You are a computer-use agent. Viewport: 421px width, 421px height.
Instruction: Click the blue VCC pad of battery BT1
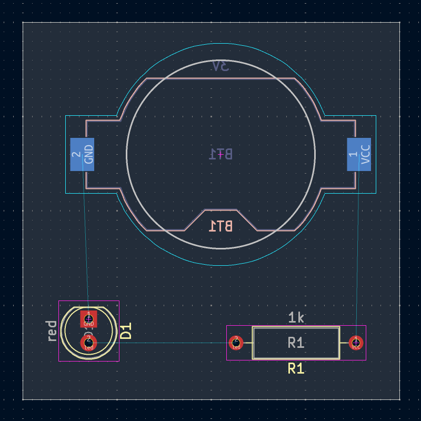(359, 154)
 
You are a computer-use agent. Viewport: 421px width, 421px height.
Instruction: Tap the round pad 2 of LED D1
(88, 343)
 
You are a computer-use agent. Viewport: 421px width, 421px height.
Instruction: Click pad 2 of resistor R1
(236, 343)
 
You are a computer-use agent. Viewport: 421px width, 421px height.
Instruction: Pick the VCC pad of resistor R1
(356, 343)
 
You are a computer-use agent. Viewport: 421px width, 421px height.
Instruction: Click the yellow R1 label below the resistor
(296, 369)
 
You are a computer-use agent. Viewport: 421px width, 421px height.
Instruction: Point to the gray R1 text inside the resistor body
(296, 343)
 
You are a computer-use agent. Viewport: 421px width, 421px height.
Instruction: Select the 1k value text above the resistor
(296, 318)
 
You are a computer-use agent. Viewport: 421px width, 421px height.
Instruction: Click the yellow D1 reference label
(126, 332)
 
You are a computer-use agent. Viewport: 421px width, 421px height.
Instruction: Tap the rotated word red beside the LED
(52, 331)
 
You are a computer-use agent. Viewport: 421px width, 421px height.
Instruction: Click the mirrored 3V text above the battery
(221, 66)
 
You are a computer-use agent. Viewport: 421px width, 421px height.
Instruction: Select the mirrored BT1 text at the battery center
(221, 154)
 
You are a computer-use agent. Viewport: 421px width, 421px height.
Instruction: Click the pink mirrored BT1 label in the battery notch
(221, 226)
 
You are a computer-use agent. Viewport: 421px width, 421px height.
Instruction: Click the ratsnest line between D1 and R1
(168, 343)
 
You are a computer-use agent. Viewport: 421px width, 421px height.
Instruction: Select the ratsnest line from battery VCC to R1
(358, 247)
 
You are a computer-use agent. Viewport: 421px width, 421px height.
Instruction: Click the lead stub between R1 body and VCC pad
(345, 343)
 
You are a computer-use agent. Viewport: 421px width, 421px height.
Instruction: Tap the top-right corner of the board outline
(400, 23)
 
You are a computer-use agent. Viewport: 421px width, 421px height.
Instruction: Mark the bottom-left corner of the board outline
(23, 399)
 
